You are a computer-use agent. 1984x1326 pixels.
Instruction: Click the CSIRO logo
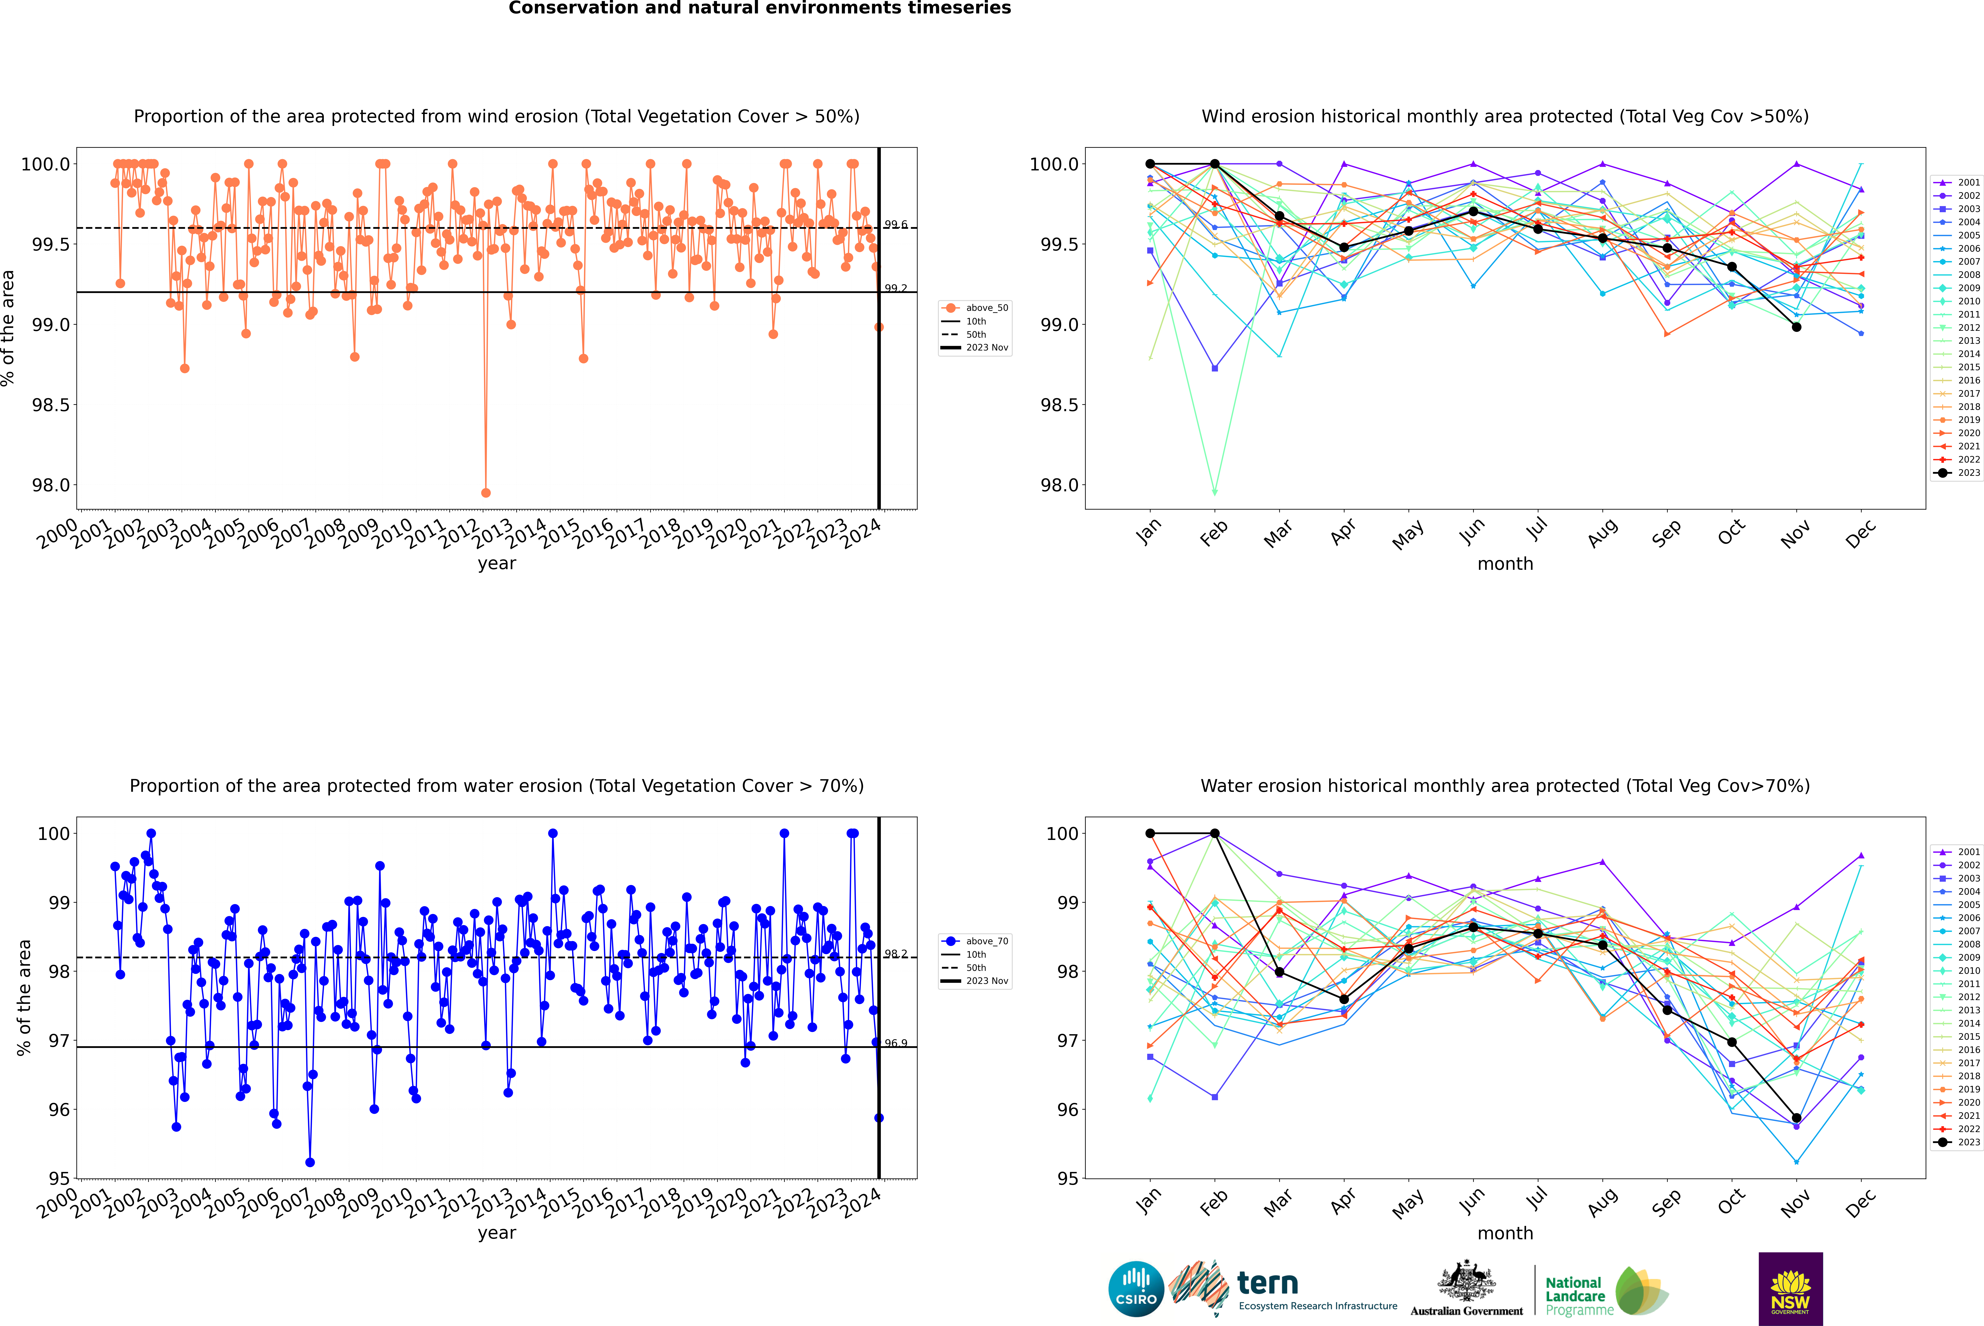pos(1136,1289)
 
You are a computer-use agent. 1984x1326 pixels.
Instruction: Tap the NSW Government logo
pos(1790,1289)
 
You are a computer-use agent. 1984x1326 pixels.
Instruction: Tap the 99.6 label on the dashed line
pos(896,224)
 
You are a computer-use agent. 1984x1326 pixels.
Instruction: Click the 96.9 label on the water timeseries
pos(896,1043)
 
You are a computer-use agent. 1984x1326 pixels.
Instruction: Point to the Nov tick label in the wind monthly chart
pos(1794,534)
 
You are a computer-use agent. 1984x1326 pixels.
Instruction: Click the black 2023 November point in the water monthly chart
pos(1796,1118)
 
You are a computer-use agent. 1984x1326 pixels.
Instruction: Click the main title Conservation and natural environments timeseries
pos(759,8)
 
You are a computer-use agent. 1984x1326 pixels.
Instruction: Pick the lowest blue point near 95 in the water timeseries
pos(310,1163)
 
